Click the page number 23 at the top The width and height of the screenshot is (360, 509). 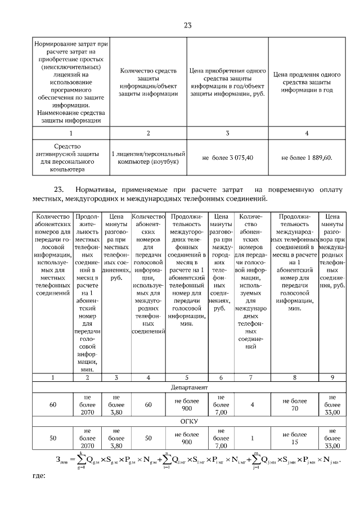[188, 25]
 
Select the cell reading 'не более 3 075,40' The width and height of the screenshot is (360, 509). [228, 157]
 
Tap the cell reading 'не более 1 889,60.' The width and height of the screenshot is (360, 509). [307, 157]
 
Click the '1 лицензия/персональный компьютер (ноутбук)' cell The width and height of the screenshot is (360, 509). [148, 157]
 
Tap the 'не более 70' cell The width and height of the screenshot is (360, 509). [295, 404]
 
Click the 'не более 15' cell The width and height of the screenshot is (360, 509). [295, 438]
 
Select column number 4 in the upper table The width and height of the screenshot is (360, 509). [307, 133]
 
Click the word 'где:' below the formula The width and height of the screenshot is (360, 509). [38, 475]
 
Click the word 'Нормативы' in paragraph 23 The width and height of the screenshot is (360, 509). [96, 189]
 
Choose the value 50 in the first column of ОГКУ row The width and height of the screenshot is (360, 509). [53, 438]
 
